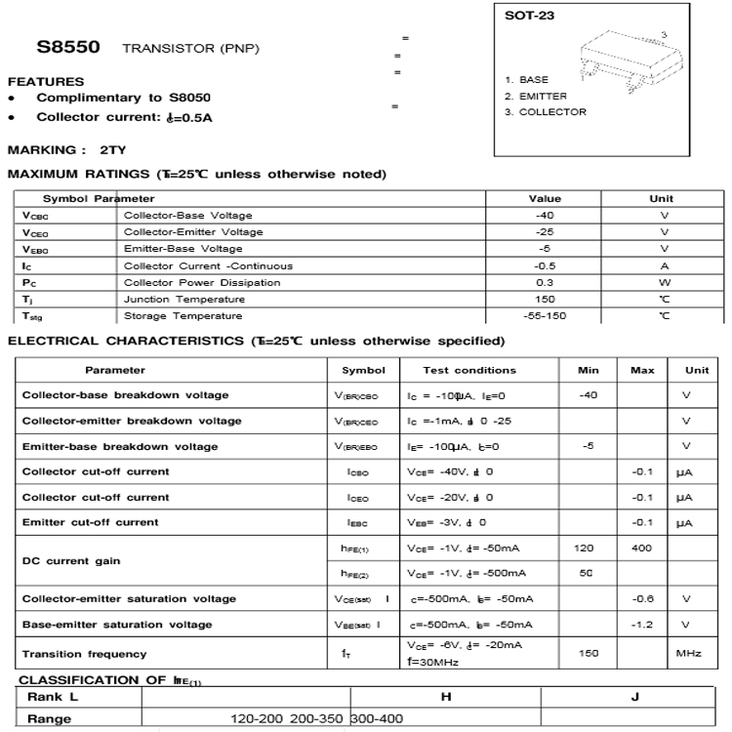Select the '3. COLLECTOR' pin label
coord(546,112)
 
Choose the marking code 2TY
coord(112,149)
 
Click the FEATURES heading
coord(46,81)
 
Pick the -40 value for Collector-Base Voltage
coord(545,215)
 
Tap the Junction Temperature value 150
coord(545,299)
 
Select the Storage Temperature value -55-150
coord(545,315)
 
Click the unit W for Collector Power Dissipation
coord(664,282)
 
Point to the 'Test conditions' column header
coord(469,371)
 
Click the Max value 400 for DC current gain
coord(641,549)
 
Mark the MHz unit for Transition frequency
coord(689,653)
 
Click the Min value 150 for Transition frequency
coord(589,653)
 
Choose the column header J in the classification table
coord(635,697)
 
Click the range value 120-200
coord(258,719)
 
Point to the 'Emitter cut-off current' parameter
coord(90,522)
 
